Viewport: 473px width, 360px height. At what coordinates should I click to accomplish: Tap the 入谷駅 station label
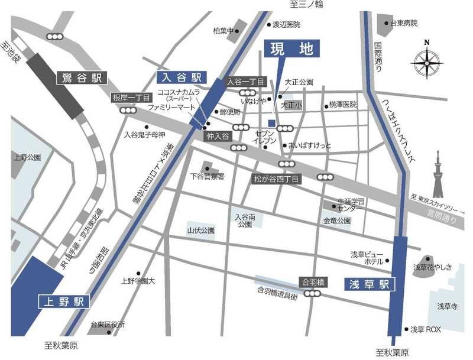pyautogui.click(x=180, y=77)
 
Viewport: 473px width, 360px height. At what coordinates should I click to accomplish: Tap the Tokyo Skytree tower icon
pyautogui.click(x=438, y=174)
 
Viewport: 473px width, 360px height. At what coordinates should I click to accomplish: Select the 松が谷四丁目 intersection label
pyautogui.click(x=277, y=178)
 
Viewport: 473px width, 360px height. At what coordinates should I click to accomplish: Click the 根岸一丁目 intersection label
pyautogui.click(x=130, y=98)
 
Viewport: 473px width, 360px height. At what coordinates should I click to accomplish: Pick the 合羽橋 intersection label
pyautogui.click(x=313, y=282)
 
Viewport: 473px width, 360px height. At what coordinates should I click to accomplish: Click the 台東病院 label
pyautogui.click(x=403, y=23)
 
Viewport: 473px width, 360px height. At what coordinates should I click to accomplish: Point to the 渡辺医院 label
pyautogui.click(x=286, y=25)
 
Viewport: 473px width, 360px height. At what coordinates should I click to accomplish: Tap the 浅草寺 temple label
pyautogui.click(x=448, y=306)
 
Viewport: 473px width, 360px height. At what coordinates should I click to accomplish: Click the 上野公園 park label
pyautogui.click(x=27, y=158)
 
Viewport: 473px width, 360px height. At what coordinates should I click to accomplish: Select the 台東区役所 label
pyautogui.click(x=108, y=325)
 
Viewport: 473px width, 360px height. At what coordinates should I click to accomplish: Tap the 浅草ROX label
pyautogui.click(x=426, y=329)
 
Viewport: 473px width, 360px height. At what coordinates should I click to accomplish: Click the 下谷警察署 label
pyautogui.click(x=207, y=176)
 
